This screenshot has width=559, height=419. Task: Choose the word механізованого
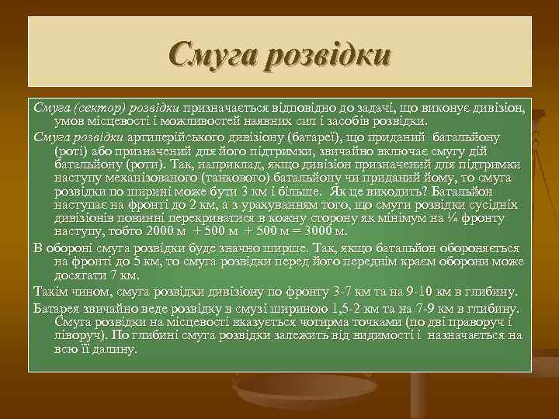[x=141, y=178]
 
